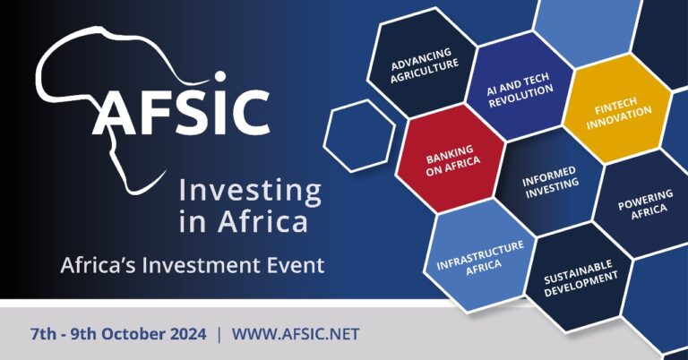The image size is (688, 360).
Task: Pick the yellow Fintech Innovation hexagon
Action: [x=618, y=116]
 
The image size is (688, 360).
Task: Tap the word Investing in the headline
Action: [x=249, y=190]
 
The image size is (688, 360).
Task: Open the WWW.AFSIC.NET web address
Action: [x=296, y=335]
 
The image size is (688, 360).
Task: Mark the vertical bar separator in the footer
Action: [x=218, y=335]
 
